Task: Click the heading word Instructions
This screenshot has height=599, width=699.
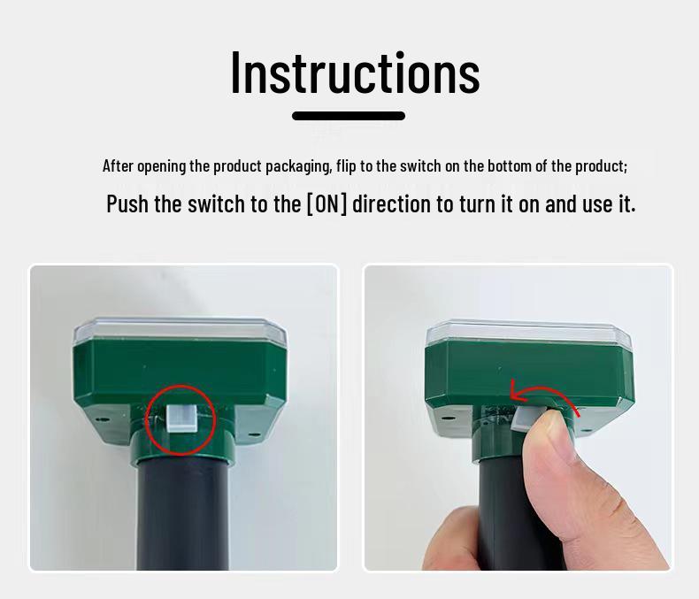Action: [355, 73]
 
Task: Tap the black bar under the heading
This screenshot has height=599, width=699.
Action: [349, 116]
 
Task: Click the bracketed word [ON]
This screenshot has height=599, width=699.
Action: [326, 204]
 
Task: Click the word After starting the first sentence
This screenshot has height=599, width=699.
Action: [118, 166]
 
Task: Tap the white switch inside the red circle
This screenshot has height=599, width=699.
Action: [181, 418]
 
